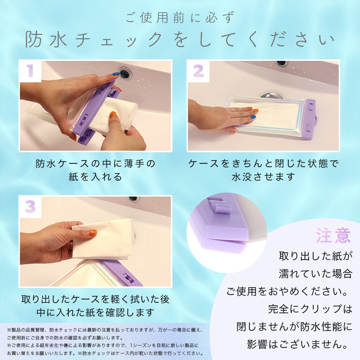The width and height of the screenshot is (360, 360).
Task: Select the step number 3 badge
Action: pyautogui.click(x=30, y=206)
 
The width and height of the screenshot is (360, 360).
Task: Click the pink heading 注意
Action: pyautogui.click(x=333, y=235)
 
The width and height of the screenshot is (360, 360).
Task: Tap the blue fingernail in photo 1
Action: pyautogui.click(x=116, y=74)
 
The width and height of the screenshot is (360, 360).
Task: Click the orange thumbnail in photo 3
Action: pyautogui.click(x=93, y=233)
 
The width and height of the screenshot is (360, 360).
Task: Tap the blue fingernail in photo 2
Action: pyautogui.click(x=253, y=117)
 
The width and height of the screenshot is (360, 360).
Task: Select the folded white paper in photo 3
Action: pyautogui.click(x=103, y=239)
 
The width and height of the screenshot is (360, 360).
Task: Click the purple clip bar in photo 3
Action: pyautogui.click(x=121, y=273)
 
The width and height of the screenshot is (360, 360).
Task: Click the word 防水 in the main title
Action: pyautogui.click(x=46, y=40)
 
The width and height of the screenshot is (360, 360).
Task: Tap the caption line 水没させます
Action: pyautogui.click(x=264, y=177)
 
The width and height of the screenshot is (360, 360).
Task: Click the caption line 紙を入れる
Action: pyautogui.click(x=95, y=177)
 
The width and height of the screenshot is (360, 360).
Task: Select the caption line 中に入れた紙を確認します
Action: pyautogui.click(x=95, y=312)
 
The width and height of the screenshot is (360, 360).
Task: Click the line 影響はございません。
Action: pyautogui.click(x=299, y=345)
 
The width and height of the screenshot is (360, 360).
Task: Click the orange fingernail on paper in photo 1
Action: pyautogui.click(x=113, y=114)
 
